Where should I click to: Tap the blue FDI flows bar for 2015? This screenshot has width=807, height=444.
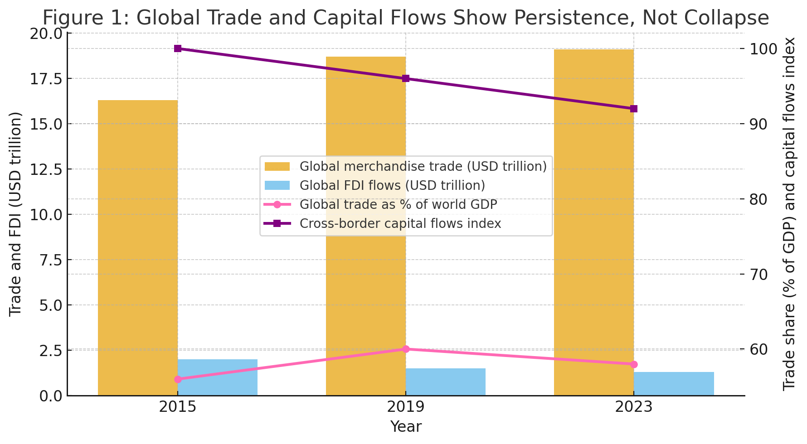[218, 377]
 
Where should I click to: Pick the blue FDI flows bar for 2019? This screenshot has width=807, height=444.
[446, 382]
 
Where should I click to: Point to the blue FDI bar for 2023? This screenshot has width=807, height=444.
[674, 384]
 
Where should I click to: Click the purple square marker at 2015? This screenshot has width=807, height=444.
[178, 48]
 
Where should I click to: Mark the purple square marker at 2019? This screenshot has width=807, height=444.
[406, 78]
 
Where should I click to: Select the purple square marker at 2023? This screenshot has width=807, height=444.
[634, 109]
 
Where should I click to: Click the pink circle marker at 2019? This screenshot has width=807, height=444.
[406, 349]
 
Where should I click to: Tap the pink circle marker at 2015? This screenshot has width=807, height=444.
[178, 379]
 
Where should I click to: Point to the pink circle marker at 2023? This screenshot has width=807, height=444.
[634, 364]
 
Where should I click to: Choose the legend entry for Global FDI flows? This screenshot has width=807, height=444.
[392, 186]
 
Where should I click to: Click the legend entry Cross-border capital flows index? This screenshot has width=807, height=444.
[400, 224]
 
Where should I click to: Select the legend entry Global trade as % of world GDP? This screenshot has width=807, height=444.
[398, 205]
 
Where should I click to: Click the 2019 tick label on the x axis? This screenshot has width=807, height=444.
[406, 407]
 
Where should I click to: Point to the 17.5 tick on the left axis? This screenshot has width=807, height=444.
[46, 79]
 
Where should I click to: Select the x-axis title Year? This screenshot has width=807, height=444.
[406, 427]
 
